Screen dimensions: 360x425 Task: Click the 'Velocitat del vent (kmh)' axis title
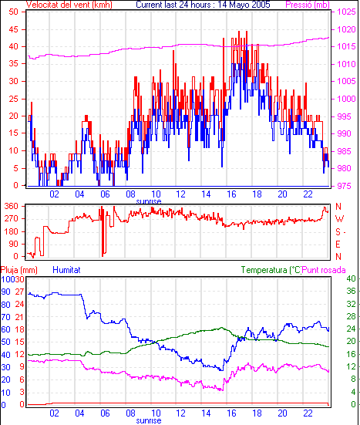coord(69,5)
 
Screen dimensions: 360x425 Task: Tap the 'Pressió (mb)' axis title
coord(308,5)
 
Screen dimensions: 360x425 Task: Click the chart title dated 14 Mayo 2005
coord(203,5)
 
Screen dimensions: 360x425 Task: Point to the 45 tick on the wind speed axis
coord(13,29)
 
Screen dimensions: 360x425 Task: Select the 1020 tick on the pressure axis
coord(346,29)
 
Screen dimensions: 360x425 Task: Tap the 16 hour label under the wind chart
coord(231,194)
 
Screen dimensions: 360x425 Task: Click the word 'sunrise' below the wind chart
coord(149,201)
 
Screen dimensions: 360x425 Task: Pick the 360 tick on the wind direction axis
coord(12,206)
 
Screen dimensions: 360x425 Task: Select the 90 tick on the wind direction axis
coord(14,244)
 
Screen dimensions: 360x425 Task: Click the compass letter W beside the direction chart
coord(339,219)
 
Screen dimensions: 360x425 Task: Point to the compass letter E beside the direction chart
coord(338,245)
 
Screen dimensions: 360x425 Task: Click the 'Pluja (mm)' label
coord(19,270)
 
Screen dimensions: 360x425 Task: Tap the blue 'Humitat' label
coord(66,270)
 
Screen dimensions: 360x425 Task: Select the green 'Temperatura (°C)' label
coord(271,270)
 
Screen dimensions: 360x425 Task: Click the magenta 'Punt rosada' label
coord(324,270)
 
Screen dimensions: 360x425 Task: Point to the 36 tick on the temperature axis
coord(351,291)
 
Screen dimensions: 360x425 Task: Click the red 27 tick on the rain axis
coord(19,292)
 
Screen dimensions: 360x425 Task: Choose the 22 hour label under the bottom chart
coord(308,413)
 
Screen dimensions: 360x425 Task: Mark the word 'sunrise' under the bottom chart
coord(149,420)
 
